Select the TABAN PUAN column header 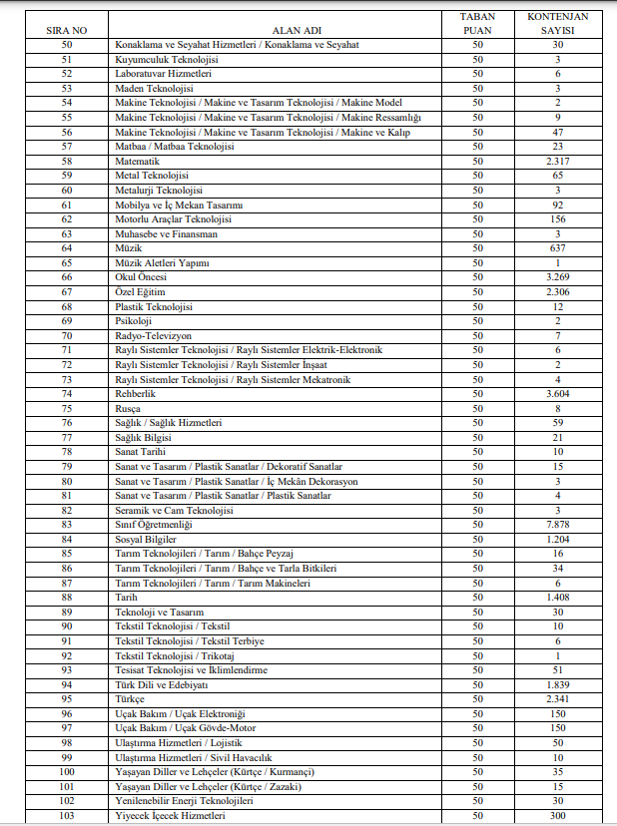(477, 23)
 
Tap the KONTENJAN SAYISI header (557, 23)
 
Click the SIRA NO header (67, 30)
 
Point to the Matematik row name (138, 161)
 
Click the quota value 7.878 (557, 524)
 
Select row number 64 (67, 247)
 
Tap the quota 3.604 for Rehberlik (557, 393)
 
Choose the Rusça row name (130, 408)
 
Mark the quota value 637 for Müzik (557, 247)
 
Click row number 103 (67, 815)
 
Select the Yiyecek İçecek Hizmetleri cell (171, 815)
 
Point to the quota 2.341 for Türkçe (557, 698)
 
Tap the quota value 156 (557, 218)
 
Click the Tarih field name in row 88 (127, 597)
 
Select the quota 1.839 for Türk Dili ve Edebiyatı (557, 684)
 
